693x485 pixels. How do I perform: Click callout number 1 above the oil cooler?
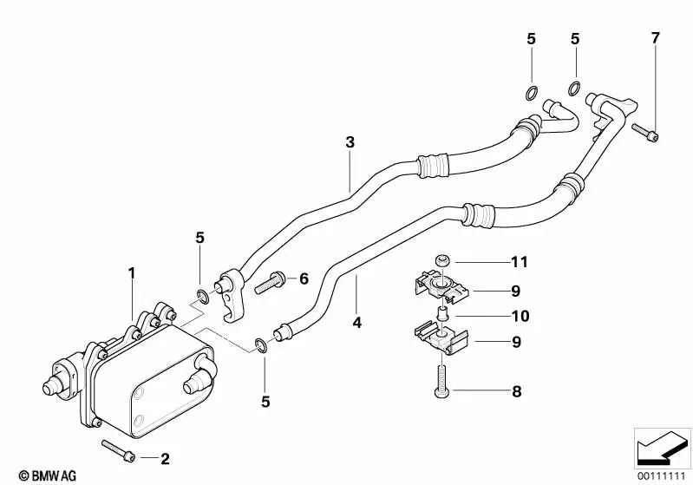pyautogui.click(x=132, y=272)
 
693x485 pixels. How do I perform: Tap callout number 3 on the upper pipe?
pyautogui.click(x=350, y=141)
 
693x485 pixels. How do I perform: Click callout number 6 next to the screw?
pyautogui.click(x=304, y=279)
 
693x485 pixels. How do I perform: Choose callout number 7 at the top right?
pyautogui.click(x=656, y=37)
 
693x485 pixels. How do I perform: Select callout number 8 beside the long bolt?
pyautogui.click(x=516, y=391)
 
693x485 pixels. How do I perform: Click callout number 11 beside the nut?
pyautogui.click(x=519, y=261)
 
